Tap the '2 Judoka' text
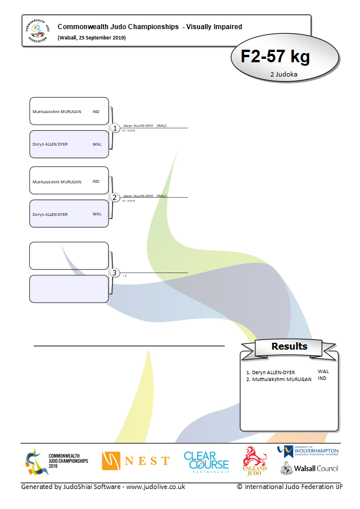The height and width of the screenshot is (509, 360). click(285, 74)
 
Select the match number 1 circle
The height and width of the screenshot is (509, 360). click(115, 128)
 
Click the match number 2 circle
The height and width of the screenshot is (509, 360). click(115, 198)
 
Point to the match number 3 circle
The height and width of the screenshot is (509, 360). click(115, 273)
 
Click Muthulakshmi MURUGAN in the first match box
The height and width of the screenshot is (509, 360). click(57, 111)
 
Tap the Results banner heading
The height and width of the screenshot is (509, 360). click(289, 346)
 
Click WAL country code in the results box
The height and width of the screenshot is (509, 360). click(323, 371)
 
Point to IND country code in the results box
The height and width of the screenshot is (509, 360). click(322, 378)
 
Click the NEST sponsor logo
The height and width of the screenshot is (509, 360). click(135, 460)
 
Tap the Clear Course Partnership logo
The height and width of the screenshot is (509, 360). click(206, 462)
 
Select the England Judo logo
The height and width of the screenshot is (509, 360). click(255, 460)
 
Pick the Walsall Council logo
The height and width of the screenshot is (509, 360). click(309, 468)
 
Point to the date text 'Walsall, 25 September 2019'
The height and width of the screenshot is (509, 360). click(91, 38)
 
